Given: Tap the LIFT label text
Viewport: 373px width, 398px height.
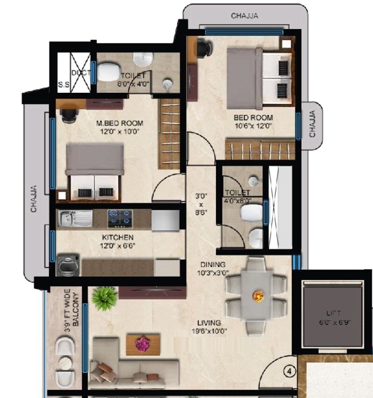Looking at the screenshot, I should [334, 313].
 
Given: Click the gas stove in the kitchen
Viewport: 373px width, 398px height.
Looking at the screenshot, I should [120, 217].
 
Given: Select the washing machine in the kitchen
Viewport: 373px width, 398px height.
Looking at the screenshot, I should [65, 266].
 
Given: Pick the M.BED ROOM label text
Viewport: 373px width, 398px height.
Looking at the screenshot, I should [120, 124].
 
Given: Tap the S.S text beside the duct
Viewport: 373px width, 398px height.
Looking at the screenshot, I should [63, 85].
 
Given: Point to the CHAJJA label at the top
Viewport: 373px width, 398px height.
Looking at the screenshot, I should [244, 16].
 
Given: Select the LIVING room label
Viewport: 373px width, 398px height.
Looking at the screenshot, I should [208, 323].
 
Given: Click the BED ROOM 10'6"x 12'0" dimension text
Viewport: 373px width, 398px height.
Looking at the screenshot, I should [254, 125].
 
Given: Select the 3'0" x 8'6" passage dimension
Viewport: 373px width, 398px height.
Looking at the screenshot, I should [201, 204].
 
